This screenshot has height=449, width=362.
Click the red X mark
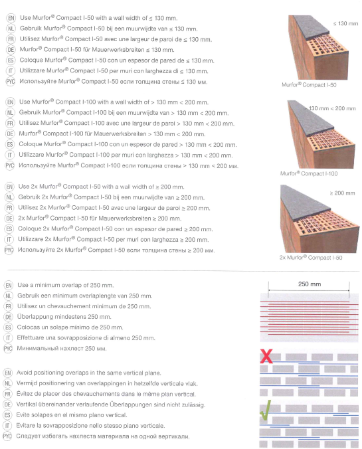tap(266, 356)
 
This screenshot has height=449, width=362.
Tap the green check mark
tap(266, 410)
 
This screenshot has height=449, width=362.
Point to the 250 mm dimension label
tap(310, 284)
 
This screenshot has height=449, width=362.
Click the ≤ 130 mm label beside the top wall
tap(345, 23)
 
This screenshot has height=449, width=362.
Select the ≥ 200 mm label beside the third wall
tap(342, 193)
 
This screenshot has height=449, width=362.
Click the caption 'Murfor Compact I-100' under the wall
tap(309, 173)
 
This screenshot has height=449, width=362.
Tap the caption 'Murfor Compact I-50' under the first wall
tap(309, 85)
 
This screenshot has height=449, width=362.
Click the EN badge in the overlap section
tap(9, 285)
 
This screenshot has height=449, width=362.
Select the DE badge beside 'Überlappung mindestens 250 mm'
tap(9, 317)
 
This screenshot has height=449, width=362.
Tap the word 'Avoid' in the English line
tap(25, 373)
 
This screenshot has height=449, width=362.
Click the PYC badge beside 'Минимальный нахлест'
tap(8, 349)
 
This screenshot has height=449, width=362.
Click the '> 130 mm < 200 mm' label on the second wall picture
tap(330, 108)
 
